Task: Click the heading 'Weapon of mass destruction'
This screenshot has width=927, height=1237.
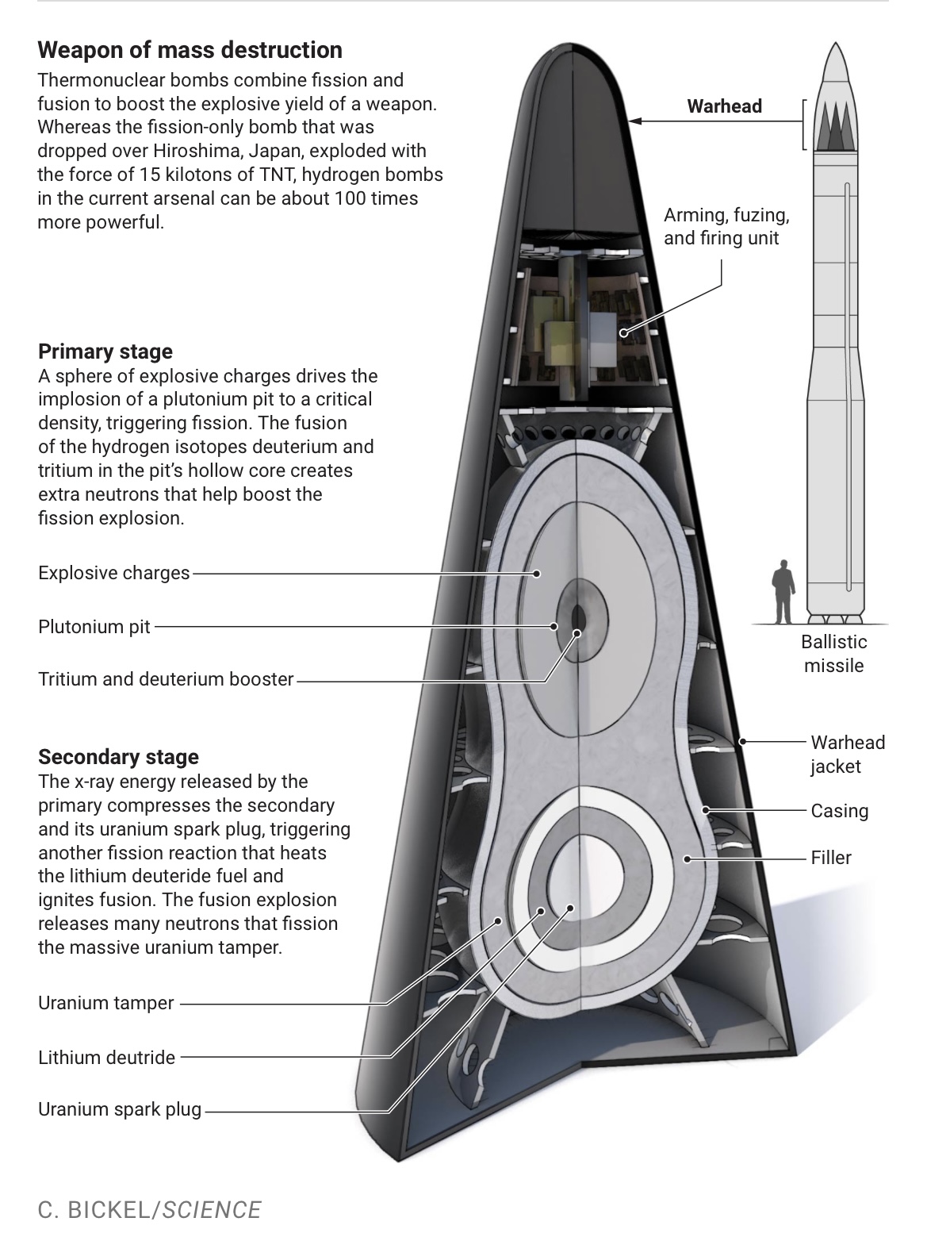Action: (190, 50)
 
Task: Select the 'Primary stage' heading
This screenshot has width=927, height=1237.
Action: (105, 352)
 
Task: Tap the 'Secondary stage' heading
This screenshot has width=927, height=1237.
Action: (118, 756)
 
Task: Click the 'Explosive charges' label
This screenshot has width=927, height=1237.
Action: (114, 573)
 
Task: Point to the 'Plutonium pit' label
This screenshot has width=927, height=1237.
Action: (94, 627)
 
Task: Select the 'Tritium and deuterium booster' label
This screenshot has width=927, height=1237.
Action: (166, 679)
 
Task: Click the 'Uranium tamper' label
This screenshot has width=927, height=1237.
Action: (105, 1003)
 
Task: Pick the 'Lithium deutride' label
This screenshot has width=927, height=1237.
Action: (106, 1057)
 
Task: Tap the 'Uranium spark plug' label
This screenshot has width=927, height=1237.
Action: (120, 1109)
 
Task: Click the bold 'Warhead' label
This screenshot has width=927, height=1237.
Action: (724, 106)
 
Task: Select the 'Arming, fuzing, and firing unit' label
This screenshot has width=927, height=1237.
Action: (726, 226)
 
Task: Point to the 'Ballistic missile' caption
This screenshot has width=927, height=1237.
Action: (833, 653)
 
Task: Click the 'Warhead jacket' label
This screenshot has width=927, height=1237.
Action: (847, 754)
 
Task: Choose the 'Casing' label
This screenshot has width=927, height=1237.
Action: (839, 811)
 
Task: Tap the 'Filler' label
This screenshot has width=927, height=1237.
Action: (830, 858)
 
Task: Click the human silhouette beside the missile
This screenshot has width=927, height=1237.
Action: (783, 591)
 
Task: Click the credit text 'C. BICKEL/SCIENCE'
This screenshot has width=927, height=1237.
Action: (149, 1209)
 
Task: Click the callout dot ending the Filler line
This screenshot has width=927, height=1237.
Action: (688, 859)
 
